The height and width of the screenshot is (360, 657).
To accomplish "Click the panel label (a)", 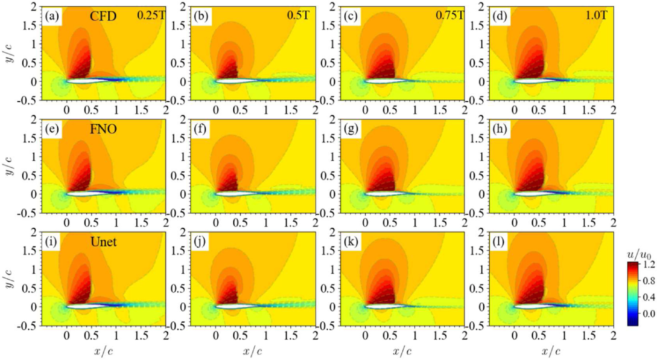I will [51, 16].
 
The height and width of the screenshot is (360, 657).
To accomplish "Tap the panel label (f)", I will [200, 129].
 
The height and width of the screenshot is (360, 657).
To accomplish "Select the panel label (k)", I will [350, 242].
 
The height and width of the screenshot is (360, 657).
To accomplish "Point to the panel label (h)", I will [500, 129].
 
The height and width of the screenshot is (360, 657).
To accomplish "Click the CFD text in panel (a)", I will [103, 16].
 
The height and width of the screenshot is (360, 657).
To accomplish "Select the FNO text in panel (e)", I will [103, 129].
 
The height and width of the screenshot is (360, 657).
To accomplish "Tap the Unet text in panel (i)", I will [103, 242].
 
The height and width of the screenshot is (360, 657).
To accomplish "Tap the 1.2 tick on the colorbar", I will [649, 264].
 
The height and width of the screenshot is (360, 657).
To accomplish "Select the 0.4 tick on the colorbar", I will [649, 297].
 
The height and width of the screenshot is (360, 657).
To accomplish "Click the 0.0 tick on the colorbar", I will [649, 314].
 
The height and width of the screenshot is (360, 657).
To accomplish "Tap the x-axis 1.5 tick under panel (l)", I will [589, 336].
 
